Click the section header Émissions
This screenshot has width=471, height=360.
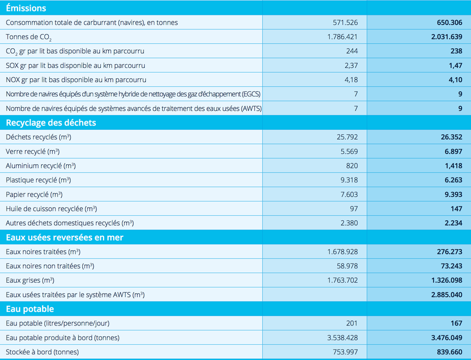point(26,8)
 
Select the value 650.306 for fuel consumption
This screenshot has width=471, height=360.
point(450,22)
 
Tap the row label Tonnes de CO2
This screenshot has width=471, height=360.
point(28,37)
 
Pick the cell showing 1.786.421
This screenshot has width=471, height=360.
point(342,37)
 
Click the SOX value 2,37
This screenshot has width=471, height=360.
point(351,66)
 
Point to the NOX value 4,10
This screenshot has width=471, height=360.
point(455,79)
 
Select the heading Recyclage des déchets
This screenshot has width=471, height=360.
point(51,123)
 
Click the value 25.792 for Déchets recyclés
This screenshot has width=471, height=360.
point(347,137)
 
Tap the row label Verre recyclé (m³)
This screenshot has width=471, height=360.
point(32,151)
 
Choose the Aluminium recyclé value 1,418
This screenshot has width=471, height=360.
point(453,165)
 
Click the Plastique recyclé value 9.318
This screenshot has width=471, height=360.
point(349,180)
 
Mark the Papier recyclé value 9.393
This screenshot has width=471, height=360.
point(453,195)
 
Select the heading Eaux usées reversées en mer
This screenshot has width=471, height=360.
point(65,237)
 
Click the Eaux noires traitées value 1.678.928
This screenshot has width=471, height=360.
point(342,252)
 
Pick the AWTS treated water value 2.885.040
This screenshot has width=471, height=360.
point(447,294)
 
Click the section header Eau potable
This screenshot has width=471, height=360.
point(30,309)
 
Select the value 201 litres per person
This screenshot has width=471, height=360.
point(352,323)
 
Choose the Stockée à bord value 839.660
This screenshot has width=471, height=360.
point(450,352)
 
